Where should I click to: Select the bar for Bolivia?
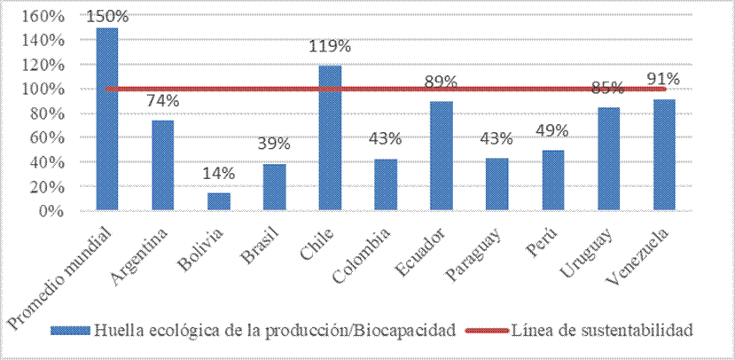pyautogui.click(x=218, y=202)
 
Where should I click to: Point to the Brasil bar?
pyautogui.click(x=274, y=187)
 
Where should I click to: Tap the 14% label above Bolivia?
pyautogui.click(x=219, y=176)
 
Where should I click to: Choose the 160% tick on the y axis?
pyautogui.click(x=42, y=16)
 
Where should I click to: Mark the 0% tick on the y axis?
pyautogui.click(x=50, y=211)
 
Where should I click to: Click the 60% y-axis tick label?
pyautogui.click(x=46, y=138)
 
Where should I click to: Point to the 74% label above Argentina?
pyautogui.click(x=163, y=101)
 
